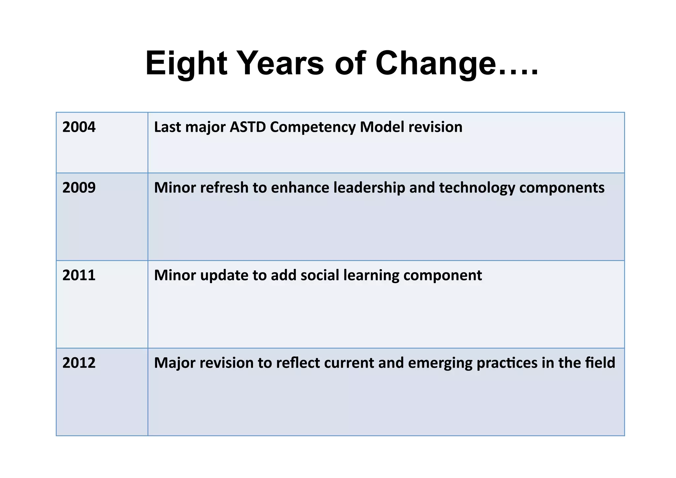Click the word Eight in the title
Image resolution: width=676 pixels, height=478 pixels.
tap(186, 63)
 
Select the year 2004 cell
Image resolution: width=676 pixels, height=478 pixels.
tap(79, 127)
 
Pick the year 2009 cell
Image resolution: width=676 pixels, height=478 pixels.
tap(79, 188)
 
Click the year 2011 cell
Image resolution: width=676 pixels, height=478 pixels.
tap(79, 275)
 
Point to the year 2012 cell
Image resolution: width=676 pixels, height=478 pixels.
tap(79, 363)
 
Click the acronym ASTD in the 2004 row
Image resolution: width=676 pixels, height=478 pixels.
tap(248, 127)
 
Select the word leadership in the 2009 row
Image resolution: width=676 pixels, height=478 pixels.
tap(369, 188)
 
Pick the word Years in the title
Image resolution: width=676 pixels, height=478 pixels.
tap(281, 63)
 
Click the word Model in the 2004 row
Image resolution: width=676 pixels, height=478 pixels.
tap(382, 127)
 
